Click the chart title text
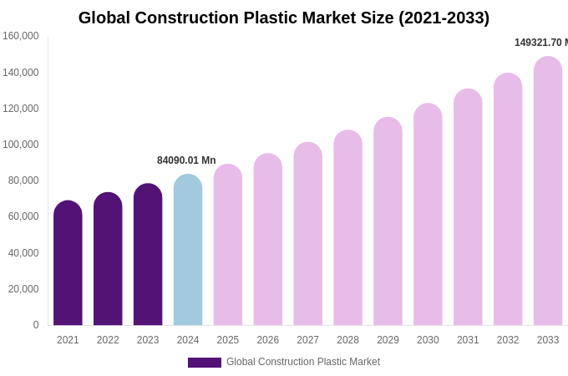(x=284, y=18)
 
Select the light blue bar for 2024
(x=188, y=251)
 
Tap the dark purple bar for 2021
(x=68, y=263)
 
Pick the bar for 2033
(x=548, y=192)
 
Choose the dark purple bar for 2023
(x=148, y=255)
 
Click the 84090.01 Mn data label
(x=186, y=160)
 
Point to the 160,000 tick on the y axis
(x=21, y=36)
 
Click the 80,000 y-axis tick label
(x=23, y=180)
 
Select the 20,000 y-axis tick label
(x=23, y=289)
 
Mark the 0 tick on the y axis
(x=35, y=325)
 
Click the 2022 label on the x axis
(x=108, y=340)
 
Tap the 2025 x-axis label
(x=228, y=340)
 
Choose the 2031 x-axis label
(x=468, y=340)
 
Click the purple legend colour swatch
(x=205, y=363)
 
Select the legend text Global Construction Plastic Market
(x=303, y=362)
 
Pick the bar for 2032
(x=508, y=201)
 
